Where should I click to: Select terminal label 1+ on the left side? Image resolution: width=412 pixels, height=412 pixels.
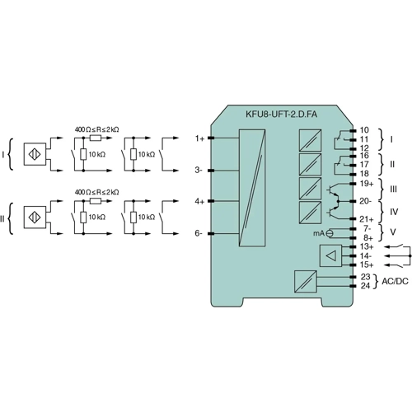pyautogui.click(x=199, y=138)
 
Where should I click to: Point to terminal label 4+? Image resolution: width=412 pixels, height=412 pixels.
pyautogui.click(x=199, y=201)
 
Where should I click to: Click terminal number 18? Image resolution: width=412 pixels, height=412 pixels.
pyautogui.click(x=364, y=174)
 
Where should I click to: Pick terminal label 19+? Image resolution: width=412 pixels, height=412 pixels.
pyautogui.click(x=367, y=185)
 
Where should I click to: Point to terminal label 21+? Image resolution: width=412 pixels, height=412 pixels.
pyautogui.click(x=367, y=218)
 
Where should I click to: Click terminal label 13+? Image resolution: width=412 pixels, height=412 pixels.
pyautogui.click(x=367, y=246)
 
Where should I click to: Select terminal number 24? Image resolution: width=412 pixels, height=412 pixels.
pyautogui.click(x=364, y=285)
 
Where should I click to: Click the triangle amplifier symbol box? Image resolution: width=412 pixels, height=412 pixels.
pyautogui.click(x=330, y=256)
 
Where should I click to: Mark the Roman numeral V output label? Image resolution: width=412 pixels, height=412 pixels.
pyautogui.click(x=391, y=233)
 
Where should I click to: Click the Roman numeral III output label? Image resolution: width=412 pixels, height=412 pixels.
pyautogui.click(x=393, y=189)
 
